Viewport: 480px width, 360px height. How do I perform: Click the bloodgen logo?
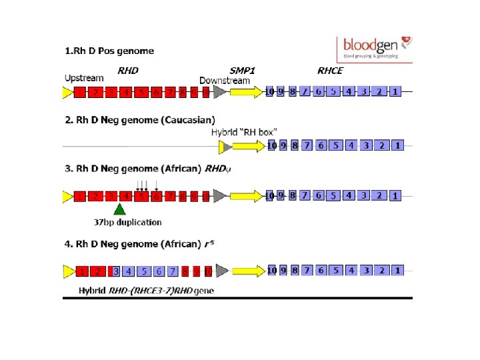(375, 47)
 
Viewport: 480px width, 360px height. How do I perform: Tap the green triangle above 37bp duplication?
(119, 209)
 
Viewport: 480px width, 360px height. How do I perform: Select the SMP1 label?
(243, 70)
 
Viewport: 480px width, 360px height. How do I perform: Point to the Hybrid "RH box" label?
(244, 132)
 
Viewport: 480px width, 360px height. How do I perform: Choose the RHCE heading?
(330, 70)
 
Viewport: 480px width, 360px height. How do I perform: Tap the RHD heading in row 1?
(128, 70)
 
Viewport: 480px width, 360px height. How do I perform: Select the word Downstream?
(225, 81)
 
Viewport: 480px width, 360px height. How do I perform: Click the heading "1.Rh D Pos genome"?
(109, 51)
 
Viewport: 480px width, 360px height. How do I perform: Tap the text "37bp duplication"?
(127, 222)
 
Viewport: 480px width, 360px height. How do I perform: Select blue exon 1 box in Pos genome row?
(395, 91)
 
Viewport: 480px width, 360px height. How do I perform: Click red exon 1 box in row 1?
(80, 93)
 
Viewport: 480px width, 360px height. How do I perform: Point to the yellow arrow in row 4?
(247, 271)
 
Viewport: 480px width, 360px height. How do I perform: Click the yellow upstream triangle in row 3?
(67, 197)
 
